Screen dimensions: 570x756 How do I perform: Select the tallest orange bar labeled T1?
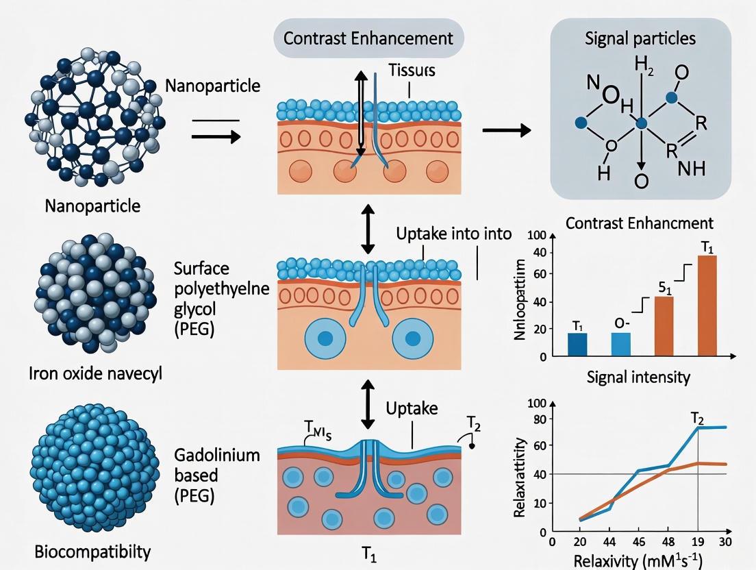click(707, 305)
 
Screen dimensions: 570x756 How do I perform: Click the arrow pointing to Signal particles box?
click(507, 130)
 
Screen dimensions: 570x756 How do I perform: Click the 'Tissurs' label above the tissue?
click(412, 70)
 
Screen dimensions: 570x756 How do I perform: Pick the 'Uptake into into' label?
click(453, 233)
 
